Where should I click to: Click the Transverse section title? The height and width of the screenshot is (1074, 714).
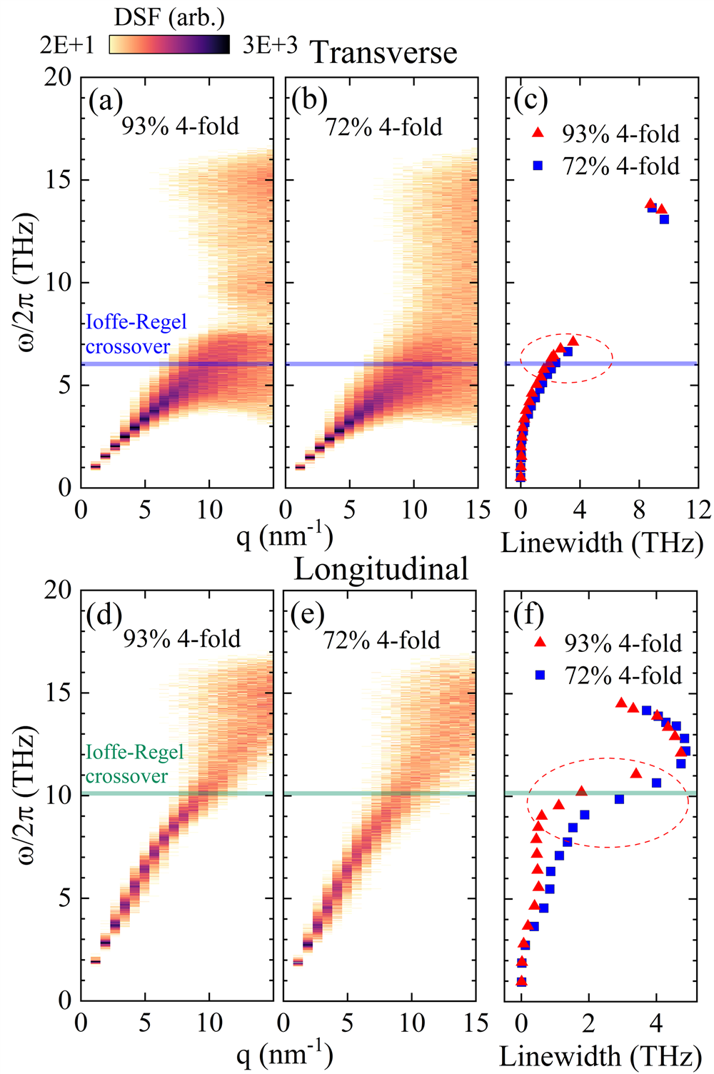[x=383, y=53]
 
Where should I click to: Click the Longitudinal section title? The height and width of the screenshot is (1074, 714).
[x=381, y=569]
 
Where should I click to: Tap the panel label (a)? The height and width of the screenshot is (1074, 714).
[x=105, y=101]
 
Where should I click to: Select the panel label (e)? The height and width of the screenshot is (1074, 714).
[x=308, y=613]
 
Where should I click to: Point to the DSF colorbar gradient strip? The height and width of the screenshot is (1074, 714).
[x=169, y=45]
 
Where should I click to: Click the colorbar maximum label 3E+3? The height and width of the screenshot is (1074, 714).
[x=270, y=45]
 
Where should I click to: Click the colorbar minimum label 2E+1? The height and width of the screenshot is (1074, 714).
[x=67, y=45]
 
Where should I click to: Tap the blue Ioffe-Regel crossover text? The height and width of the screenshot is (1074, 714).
[x=135, y=334]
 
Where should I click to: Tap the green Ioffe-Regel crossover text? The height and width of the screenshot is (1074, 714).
[x=134, y=763]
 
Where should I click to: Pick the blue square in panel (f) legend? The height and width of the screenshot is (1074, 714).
[x=540, y=675]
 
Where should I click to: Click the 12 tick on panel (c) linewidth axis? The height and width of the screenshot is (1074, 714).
[x=697, y=510]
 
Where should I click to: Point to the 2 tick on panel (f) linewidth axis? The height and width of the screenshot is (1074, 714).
[x=588, y=1023]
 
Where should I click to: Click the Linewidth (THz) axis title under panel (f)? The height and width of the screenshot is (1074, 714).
[x=600, y=1056]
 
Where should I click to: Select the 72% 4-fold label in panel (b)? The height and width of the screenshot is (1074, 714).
[x=383, y=127]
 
